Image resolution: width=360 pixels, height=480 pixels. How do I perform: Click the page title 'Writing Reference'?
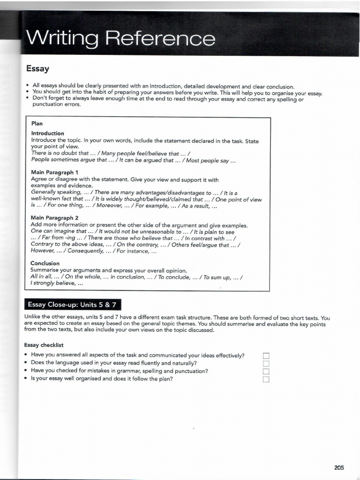(121, 38)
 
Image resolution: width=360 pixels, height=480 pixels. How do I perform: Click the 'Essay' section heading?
(37, 69)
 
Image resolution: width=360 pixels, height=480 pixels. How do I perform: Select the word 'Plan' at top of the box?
(37, 124)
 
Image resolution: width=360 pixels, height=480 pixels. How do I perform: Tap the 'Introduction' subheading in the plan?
(47, 134)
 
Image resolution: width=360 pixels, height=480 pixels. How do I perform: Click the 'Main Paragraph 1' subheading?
(54, 172)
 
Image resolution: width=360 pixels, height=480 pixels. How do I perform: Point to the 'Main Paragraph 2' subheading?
(54, 218)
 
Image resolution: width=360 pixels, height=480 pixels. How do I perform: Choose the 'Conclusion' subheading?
(45, 263)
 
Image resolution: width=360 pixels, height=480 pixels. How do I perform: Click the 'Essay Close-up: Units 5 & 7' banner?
(73, 305)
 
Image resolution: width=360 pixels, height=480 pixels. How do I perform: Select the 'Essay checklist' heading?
(44, 345)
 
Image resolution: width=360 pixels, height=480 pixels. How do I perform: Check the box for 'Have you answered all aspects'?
(266, 356)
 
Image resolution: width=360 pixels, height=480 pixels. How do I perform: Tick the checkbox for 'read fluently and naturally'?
(266, 364)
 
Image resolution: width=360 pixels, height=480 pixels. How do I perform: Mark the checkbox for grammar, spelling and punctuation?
(266, 372)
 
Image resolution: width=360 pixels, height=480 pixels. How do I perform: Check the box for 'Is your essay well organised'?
(266, 380)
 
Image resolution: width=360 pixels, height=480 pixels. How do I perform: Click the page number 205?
(339, 467)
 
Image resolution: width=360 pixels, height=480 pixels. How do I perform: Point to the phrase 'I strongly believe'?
(57, 284)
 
